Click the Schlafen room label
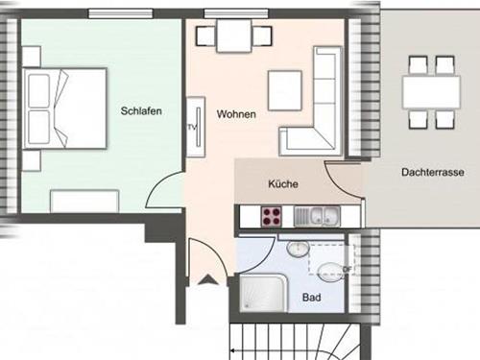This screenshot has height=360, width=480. click(x=141, y=111)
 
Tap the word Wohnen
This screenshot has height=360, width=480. click(x=236, y=114)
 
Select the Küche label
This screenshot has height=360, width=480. click(x=283, y=184)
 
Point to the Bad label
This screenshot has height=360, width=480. click(x=312, y=298)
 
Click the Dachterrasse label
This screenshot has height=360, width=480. click(x=433, y=172)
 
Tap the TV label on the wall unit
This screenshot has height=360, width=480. click(x=191, y=128)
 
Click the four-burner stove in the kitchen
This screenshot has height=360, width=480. click(x=272, y=217)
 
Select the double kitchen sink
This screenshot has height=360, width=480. click(x=317, y=216)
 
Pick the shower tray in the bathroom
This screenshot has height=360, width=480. click(x=264, y=293)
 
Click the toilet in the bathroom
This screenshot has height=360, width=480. click(x=330, y=272)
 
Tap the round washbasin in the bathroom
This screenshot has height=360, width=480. click(x=298, y=249)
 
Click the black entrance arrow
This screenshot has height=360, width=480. click(x=208, y=280)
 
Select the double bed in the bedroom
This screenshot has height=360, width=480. click(x=64, y=108)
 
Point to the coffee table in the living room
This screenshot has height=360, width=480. click(x=285, y=90)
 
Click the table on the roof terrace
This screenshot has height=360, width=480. click(x=431, y=92)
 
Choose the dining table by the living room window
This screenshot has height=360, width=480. click(x=234, y=36)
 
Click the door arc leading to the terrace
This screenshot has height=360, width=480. click(x=338, y=183)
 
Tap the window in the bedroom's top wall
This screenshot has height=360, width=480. click(x=120, y=13)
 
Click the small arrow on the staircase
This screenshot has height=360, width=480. click(x=233, y=350)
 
